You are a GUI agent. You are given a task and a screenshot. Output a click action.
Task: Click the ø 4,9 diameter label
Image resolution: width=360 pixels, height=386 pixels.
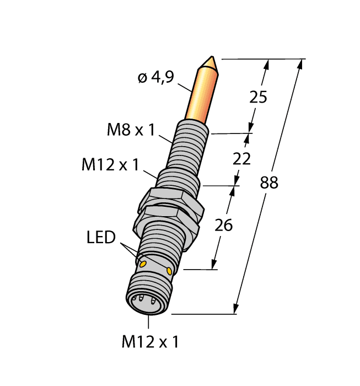[x=155, y=78]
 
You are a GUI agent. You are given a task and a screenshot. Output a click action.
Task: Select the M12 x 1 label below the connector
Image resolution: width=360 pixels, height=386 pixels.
[x=150, y=342]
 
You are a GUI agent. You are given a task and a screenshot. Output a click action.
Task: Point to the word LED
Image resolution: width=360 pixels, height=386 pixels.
[x=101, y=238]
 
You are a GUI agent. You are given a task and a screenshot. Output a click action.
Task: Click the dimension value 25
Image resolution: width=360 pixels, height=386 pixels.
[x=258, y=98]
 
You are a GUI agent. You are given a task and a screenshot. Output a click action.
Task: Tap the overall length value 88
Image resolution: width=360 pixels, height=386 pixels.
[x=268, y=184]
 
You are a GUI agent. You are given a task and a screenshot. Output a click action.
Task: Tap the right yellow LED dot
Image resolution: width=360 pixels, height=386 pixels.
[x=169, y=270]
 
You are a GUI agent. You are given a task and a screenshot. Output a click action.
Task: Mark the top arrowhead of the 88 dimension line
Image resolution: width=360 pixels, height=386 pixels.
[x=301, y=62]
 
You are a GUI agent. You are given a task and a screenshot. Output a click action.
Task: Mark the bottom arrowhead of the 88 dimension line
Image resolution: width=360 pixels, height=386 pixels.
[x=237, y=310]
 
